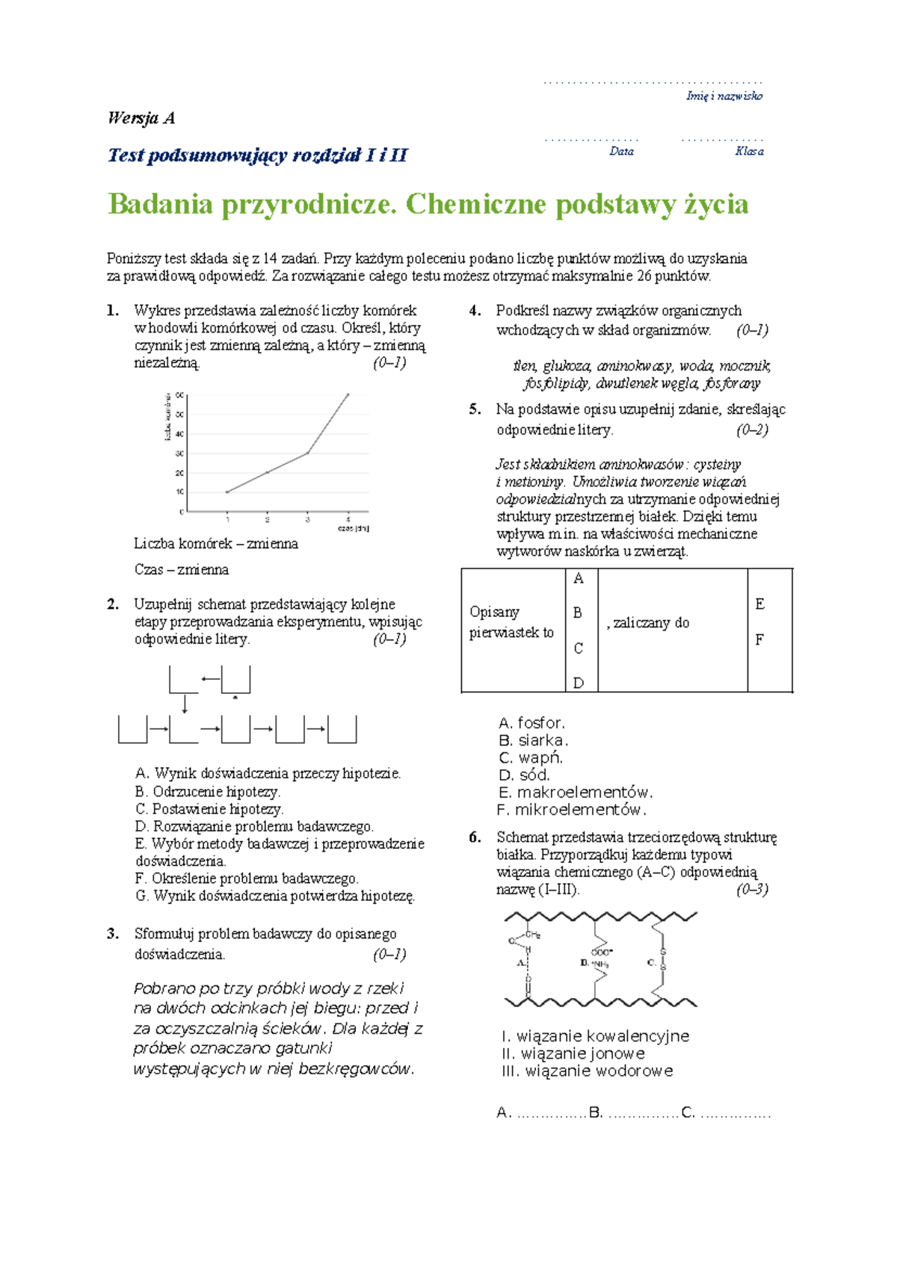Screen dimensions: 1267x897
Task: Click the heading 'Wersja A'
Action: [x=141, y=118]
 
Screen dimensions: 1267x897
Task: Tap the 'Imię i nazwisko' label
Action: [x=724, y=96]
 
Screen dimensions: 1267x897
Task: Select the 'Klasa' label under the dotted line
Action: [x=748, y=151]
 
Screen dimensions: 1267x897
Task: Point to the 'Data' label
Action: [x=621, y=151]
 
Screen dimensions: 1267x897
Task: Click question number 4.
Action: [x=475, y=311]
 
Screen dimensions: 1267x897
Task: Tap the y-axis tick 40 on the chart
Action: [x=179, y=433]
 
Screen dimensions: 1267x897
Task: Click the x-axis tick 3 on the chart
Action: [x=307, y=519]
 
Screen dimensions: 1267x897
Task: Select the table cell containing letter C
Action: [x=578, y=648]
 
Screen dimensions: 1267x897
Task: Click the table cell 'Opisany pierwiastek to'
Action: [x=511, y=622]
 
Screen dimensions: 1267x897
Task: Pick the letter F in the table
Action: [x=759, y=639]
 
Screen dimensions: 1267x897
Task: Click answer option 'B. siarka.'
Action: [x=533, y=740]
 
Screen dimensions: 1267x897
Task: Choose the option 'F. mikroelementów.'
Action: [x=571, y=810]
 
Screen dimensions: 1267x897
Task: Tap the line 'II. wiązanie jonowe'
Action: [x=573, y=1053]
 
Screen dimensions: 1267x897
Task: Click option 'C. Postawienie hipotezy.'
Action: [x=209, y=809]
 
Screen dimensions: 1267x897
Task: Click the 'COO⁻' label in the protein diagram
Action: [x=601, y=952]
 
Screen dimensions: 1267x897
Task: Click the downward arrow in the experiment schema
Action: [x=185, y=703]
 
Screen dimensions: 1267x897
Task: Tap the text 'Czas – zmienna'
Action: [x=182, y=569]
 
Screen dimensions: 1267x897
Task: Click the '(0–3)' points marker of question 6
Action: [x=751, y=889]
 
